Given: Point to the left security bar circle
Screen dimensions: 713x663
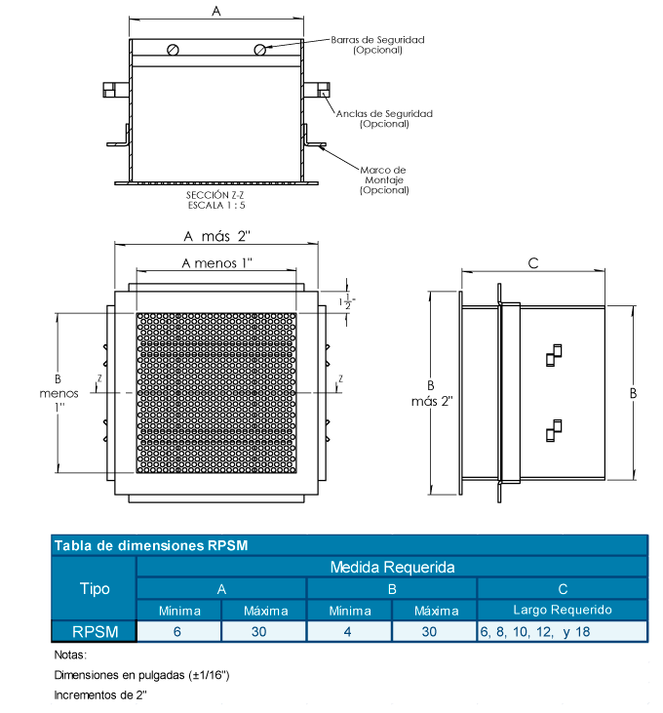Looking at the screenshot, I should [173, 51].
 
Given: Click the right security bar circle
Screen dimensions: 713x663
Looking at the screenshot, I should [260, 50].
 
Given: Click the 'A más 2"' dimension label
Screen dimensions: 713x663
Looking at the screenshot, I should [217, 236].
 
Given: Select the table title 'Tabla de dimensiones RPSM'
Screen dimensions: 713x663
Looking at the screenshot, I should [151, 545].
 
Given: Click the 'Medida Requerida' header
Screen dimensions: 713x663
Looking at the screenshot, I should [392, 567].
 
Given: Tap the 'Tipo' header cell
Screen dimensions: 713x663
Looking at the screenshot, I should [94, 588].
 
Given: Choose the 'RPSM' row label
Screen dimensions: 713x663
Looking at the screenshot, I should [94, 631].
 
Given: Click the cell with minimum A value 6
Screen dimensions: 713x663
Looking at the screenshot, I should [179, 631].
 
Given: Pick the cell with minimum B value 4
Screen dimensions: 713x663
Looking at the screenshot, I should [349, 631].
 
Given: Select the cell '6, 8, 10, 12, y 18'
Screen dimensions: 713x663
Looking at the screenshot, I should [535, 631].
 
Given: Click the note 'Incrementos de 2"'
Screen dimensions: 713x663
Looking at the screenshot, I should [100, 694].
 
